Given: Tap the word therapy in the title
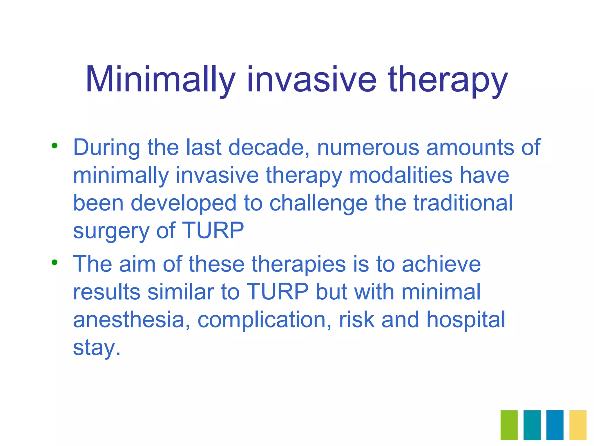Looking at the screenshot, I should coord(448,80).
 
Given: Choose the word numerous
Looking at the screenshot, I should coord(368,147).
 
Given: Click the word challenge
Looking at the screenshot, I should coord(318,203).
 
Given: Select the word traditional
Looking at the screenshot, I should coord(463,203).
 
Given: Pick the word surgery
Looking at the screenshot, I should coord(111,231).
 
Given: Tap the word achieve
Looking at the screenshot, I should coord(441,264).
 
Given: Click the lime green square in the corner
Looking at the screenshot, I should coord(509,425).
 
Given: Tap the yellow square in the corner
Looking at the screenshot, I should coord(578,425).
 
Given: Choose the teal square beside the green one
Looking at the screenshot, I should coord(532,425).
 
